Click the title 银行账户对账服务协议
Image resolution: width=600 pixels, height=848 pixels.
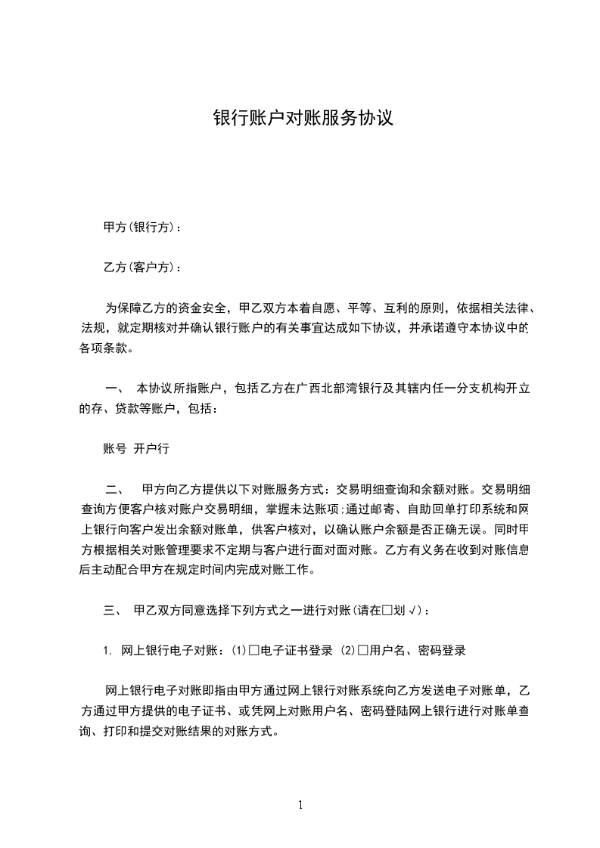point(303,119)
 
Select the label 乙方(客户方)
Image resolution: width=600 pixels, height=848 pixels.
point(141,268)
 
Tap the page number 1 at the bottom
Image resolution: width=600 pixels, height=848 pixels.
point(300,805)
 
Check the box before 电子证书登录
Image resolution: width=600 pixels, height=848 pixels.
point(254,649)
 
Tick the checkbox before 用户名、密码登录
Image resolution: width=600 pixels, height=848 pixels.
point(363,649)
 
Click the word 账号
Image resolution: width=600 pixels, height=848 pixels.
point(114,448)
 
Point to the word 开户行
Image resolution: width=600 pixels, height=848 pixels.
point(151,448)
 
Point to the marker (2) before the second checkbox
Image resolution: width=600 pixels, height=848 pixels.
point(348,649)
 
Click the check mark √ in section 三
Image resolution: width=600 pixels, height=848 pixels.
point(412,609)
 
